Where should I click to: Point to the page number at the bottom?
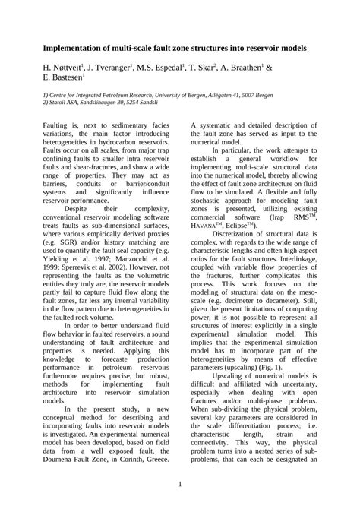click(x=180, y=484)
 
